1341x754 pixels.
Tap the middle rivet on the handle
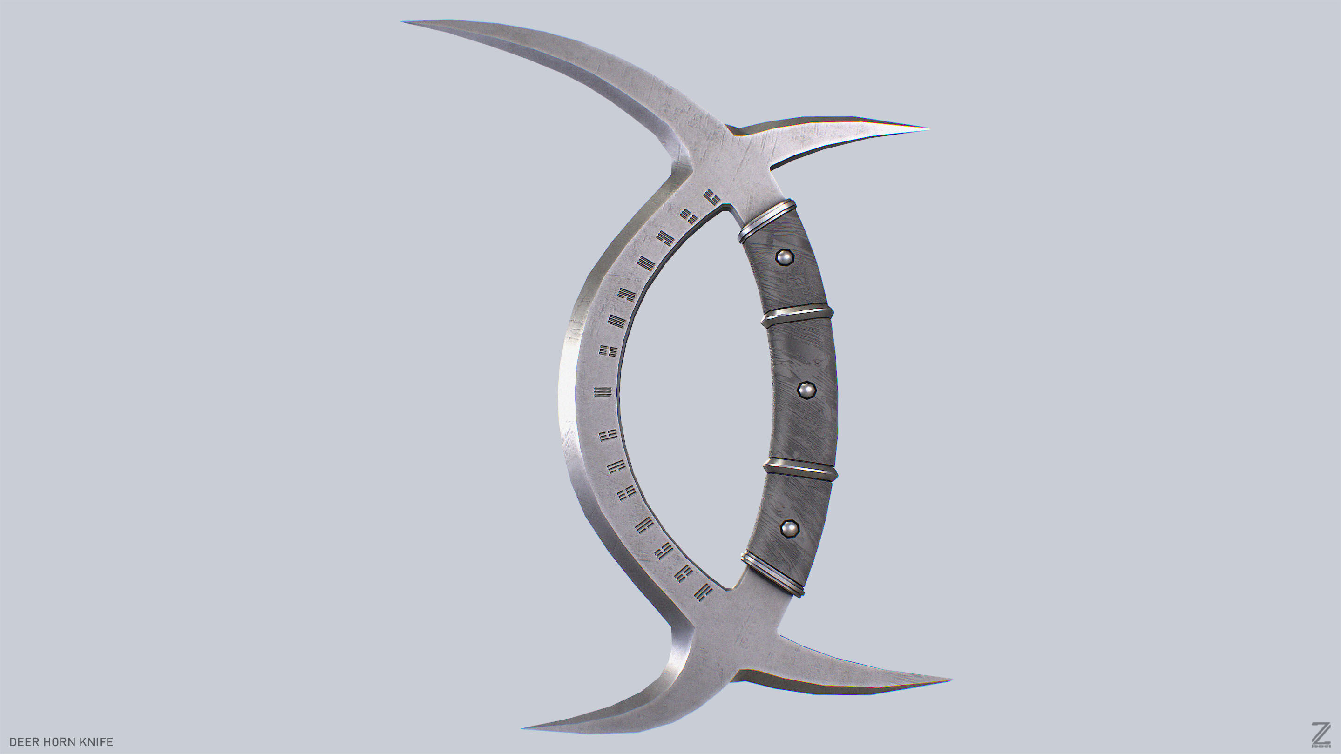pyautogui.click(x=806, y=389)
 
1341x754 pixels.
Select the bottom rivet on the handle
pyautogui.click(x=790, y=529)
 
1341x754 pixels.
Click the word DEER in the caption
pyautogui.click(x=24, y=742)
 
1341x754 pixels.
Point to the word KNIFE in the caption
pyautogui.click(x=96, y=742)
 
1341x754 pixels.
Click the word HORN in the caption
pyautogui.click(x=59, y=742)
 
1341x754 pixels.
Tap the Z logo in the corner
pyautogui.click(x=1321, y=735)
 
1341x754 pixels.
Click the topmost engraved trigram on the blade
pyautogui.click(x=711, y=197)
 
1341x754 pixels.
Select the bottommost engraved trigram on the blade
pyautogui.click(x=703, y=592)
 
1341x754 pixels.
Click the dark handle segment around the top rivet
pyautogui.click(x=781, y=270)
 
